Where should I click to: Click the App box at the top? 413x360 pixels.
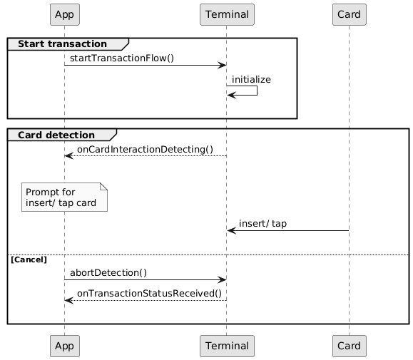point(65,14)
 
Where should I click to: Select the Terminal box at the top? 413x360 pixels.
point(227,14)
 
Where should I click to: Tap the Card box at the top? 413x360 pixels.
point(350,14)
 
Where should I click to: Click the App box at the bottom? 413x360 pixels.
point(65,346)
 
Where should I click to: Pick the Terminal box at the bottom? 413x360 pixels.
point(227,346)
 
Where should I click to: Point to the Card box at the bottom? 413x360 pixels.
point(350,346)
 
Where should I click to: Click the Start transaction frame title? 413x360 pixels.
point(63,44)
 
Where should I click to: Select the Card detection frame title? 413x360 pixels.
point(56,135)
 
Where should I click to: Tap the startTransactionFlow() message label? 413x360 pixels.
point(122,58)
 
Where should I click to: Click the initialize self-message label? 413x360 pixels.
point(251,79)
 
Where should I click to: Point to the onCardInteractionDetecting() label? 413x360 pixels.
point(145,149)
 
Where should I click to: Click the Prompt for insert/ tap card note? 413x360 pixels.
point(64,197)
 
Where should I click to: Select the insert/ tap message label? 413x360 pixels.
point(263,224)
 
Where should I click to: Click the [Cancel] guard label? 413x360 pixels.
point(29,259)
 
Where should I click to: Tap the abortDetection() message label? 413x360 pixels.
point(108,272)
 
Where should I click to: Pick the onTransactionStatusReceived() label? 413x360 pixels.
point(149,294)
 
